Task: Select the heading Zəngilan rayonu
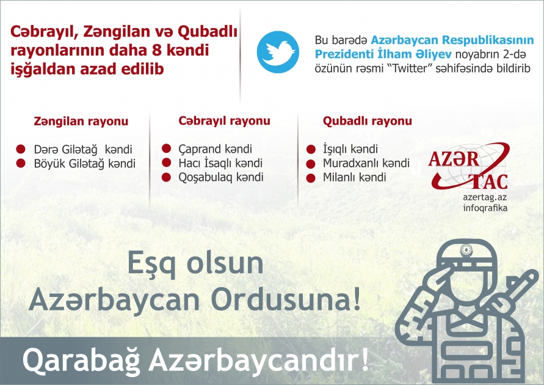pyautogui.click(x=81, y=122)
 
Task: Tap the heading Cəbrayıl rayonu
pyautogui.click(x=224, y=121)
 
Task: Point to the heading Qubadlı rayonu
pyautogui.click(x=367, y=121)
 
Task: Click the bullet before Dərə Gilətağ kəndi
pyautogui.click(x=20, y=149)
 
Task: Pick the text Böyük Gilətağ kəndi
pyautogui.click(x=84, y=164)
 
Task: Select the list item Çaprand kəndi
pyautogui.click(x=215, y=149)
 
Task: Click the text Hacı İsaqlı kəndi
pyautogui.click(x=220, y=163)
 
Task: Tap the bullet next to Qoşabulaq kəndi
pyautogui.click(x=165, y=177)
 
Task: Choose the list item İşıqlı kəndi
pyautogui.click(x=350, y=149)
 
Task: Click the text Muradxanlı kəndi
pyautogui.click(x=366, y=163)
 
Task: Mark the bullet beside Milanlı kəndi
pyautogui.click(x=310, y=178)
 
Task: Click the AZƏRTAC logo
pyautogui.click(x=468, y=166)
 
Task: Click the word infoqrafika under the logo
pyautogui.click(x=485, y=208)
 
